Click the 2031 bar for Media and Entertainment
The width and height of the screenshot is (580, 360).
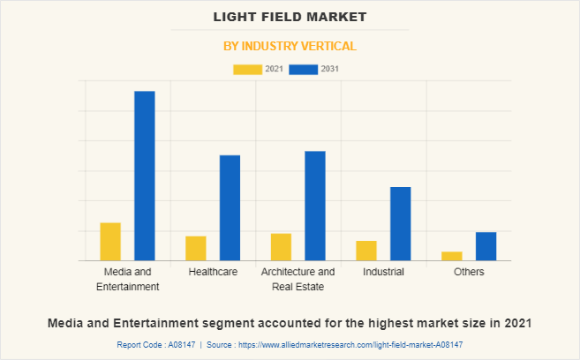[x=145, y=176]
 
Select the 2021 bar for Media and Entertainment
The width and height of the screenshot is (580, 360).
[x=110, y=242]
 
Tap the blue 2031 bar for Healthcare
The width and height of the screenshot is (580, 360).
[x=230, y=207]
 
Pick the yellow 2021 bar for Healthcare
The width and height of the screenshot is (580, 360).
[x=196, y=248]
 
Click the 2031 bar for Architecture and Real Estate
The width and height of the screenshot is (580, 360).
[x=315, y=206]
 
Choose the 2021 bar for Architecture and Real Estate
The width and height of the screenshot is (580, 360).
[x=281, y=247]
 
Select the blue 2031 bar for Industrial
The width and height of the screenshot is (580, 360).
[x=401, y=223]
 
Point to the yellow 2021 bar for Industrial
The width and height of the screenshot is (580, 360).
[x=366, y=251]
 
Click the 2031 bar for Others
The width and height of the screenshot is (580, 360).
[x=486, y=246]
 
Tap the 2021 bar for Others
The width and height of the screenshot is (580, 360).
[x=452, y=256]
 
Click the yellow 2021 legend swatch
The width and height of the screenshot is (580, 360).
[x=247, y=69]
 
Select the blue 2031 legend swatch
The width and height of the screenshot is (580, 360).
[x=304, y=69]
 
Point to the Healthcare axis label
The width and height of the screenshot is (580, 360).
[x=213, y=272]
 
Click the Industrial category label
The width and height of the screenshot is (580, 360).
[x=383, y=272]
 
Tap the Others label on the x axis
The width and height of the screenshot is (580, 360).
[x=469, y=272]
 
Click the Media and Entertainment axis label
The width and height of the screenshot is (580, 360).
[x=128, y=279]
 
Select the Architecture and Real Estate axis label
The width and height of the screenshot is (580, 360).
[x=298, y=279]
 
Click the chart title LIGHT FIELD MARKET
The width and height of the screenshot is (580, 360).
[x=290, y=17]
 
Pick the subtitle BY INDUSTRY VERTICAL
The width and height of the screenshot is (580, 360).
[x=290, y=46]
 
